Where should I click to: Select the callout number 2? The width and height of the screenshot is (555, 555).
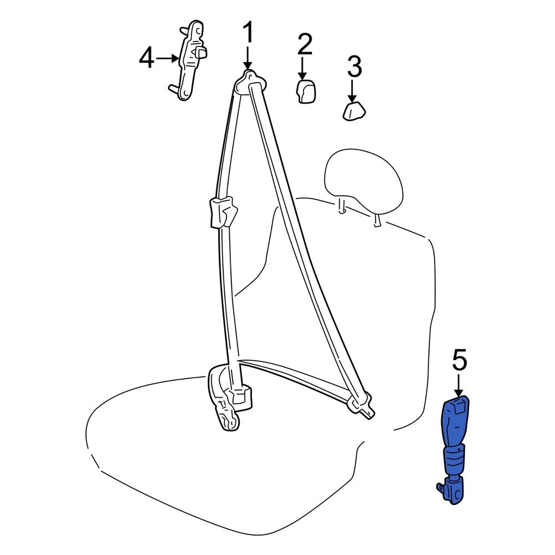tap(305, 44)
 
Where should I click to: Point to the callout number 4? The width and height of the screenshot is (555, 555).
tap(147, 58)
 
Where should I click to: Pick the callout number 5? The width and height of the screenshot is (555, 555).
tap(460, 360)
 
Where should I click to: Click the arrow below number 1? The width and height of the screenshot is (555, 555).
tap(248, 58)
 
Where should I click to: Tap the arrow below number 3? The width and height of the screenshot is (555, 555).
tap(352, 92)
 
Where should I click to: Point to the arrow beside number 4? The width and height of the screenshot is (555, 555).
tap(168, 58)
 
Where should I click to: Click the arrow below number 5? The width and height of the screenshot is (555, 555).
tap(459, 385)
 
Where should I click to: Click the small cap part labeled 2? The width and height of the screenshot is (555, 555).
tap(306, 92)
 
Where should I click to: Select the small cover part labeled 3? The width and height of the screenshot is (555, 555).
tap(354, 111)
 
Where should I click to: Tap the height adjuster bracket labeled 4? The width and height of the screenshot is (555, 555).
tap(189, 60)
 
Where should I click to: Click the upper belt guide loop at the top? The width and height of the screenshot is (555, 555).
tap(250, 82)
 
